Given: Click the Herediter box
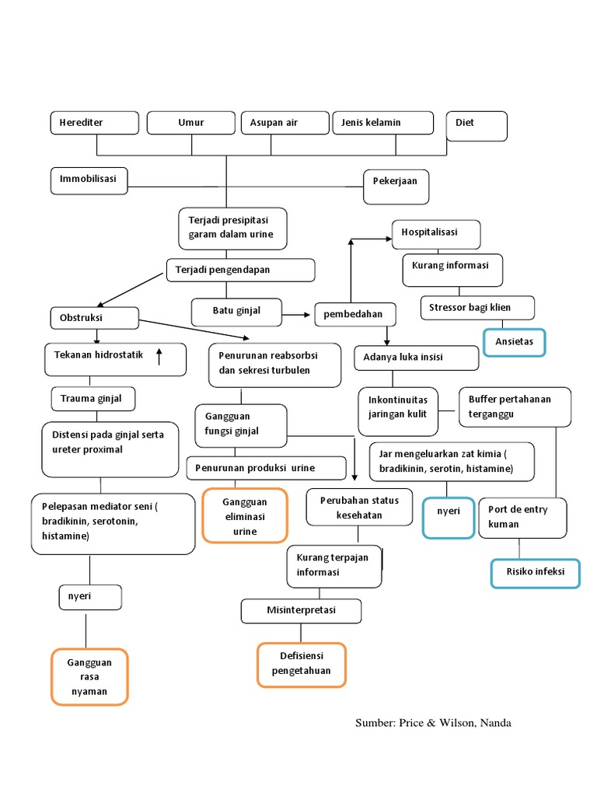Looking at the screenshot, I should [x=95, y=124].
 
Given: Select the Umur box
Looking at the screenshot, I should [x=191, y=124].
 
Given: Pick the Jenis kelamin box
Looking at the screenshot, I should [x=383, y=124].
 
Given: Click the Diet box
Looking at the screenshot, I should [x=477, y=125].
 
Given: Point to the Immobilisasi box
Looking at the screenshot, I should [x=90, y=180].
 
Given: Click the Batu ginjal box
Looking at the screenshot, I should [x=236, y=312].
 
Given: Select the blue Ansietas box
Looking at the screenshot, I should [x=515, y=342].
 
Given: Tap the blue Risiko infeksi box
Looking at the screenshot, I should [x=536, y=574].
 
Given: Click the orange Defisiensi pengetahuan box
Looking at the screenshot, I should [x=302, y=665].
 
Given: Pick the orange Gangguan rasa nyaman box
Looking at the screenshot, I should [x=89, y=677].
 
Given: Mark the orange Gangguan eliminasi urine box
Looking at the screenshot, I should [x=245, y=515].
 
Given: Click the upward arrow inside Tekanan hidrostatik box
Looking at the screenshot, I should [x=159, y=357].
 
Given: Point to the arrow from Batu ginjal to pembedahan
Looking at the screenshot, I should [x=295, y=315].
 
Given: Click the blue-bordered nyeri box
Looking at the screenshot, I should [x=449, y=518].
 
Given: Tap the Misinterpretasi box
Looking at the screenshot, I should [x=301, y=611].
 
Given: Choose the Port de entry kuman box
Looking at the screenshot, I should [x=522, y=518].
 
